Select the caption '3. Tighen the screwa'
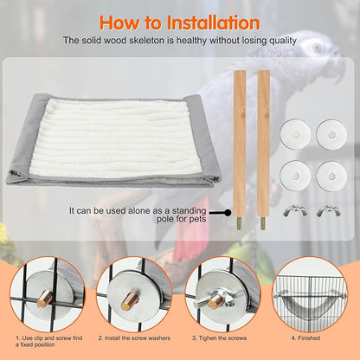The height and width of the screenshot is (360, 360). (222, 339)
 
